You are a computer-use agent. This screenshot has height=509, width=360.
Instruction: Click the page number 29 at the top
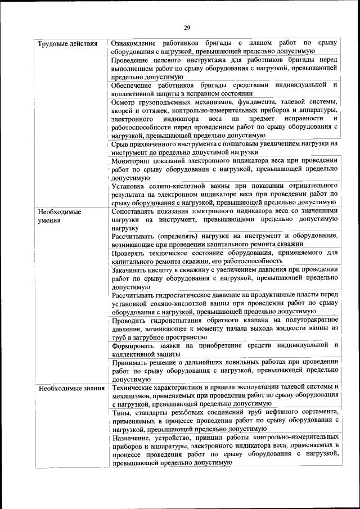[187, 28]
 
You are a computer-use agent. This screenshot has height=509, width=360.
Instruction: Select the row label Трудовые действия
[66, 44]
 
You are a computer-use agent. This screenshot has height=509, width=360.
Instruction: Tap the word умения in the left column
[51, 220]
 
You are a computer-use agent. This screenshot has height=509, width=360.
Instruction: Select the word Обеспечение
[133, 85]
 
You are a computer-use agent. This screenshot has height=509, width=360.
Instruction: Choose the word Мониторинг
[133, 160]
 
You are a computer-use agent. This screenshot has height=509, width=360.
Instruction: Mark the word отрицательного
[305, 186]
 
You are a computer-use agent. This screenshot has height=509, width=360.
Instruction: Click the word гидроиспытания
[178, 320]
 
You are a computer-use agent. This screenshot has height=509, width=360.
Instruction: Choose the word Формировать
[134, 345]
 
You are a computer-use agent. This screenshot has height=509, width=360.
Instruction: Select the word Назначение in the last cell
[132, 437]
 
